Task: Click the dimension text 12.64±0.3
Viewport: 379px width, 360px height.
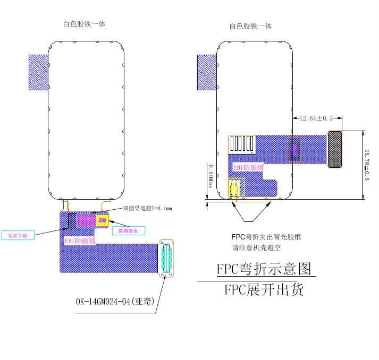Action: click(x=317, y=118)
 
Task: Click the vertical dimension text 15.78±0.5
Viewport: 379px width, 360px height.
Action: click(x=366, y=165)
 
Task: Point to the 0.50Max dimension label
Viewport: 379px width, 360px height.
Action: click(x=210, y=175)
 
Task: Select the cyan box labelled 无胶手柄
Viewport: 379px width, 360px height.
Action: click(x=18, y=234)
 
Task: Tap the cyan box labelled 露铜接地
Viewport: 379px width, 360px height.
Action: click(x=128, y=230)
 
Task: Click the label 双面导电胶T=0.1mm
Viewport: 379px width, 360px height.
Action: click(x=148, y=209)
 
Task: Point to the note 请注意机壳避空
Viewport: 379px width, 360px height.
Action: click(x=256, y=247)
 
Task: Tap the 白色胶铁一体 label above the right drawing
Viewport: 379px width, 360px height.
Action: click(x=250, y=26)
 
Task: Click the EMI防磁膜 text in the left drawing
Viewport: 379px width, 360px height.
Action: click(x=79, y=241)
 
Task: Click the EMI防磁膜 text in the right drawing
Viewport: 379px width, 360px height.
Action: click(x=248, y=168)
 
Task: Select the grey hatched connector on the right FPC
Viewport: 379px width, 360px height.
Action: click(x=334, y=149)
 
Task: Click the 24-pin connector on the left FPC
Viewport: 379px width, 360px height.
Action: click(x=167, y=259)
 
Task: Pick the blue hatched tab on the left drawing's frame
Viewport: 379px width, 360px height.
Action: click(x=38, y=72)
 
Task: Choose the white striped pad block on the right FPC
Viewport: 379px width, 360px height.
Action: click(x=244, y=143)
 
